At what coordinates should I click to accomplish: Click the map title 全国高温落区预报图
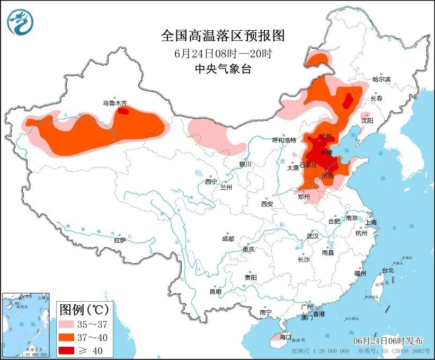[x=223, y=36]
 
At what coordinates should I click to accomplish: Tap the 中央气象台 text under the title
[x=223, y=68]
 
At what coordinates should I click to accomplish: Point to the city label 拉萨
[x=120, y=240]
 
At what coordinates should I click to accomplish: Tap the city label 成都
[x=228, y=239]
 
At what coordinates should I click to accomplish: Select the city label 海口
[x=286, y=337]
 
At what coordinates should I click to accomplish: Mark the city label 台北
[x=388, y=270]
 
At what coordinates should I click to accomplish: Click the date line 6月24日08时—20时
[x=223, y=53]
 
